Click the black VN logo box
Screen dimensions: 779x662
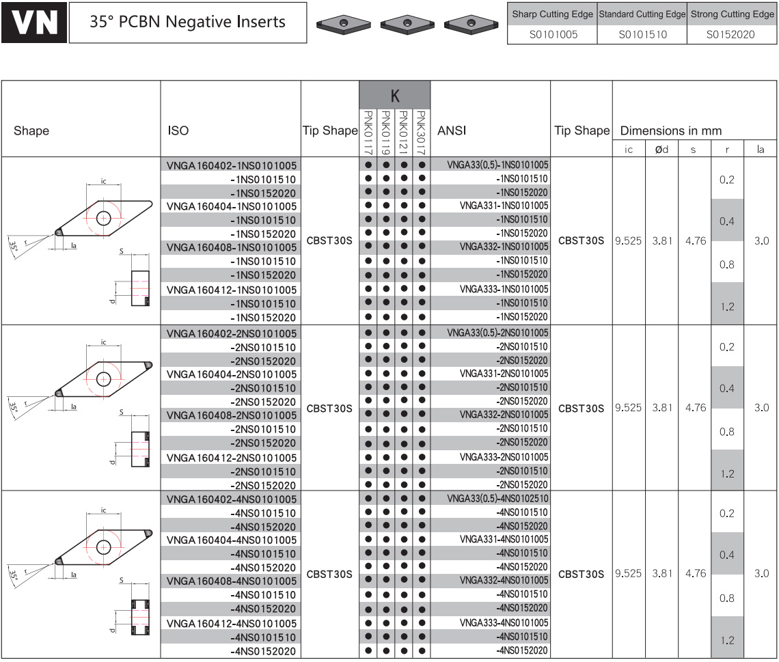[33, 23]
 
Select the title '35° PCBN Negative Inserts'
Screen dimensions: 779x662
[187, 22]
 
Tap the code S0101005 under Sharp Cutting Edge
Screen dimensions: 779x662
[553, 34]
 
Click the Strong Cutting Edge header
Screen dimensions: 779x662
[733, 14]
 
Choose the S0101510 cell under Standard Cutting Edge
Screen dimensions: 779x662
[642, 34]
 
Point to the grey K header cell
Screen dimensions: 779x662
[395, 95]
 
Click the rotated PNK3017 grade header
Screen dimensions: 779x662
[422, 133]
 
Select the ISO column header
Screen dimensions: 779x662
[178, 130]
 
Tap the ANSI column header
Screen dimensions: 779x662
[452, 130]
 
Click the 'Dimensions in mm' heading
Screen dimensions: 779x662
[671, 130]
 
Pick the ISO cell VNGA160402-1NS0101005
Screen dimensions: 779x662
[232, 165]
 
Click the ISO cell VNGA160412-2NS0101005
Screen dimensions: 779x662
[232, 458]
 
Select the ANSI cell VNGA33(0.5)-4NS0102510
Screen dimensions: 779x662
[497, 498]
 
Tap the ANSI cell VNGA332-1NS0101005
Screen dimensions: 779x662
[504, 247]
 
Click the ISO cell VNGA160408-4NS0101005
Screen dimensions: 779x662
[232, 581]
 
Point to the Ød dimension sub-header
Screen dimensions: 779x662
[661, 149]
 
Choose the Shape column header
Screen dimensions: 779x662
[31, 130]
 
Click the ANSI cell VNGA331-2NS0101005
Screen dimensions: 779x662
[504, 374]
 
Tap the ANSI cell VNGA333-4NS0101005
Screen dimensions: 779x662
[504, 623]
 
